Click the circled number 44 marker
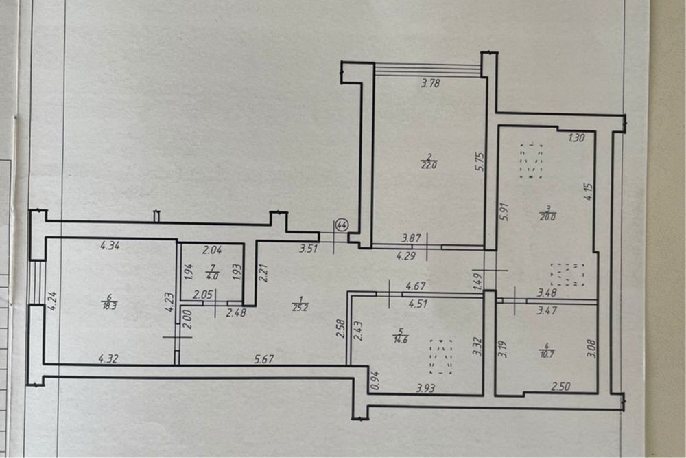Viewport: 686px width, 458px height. (x=341, y=225)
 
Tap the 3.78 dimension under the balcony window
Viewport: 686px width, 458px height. (x=430, y=83)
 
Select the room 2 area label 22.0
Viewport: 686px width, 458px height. (x=429, y=161)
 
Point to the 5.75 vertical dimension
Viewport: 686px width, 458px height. (x=481, y=161)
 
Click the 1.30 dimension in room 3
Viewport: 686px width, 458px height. (x=576, y=138)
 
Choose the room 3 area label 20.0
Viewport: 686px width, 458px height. (x=547, y=213)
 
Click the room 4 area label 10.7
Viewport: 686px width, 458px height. (x=547, y=350)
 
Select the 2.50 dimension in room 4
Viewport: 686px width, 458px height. (x=561, y=386)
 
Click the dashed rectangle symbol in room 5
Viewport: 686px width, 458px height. (x=441, y=356)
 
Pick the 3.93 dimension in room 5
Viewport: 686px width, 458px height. (x=426, y=387)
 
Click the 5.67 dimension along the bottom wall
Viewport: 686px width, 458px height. (x=264, y=359)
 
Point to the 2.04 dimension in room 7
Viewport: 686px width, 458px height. (x=212, y=251)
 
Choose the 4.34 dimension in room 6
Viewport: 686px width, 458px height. (x=110, y=246)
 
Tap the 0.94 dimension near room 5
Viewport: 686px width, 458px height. (x=374, y=380)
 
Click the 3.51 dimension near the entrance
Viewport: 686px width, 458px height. (x=309, y=249)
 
